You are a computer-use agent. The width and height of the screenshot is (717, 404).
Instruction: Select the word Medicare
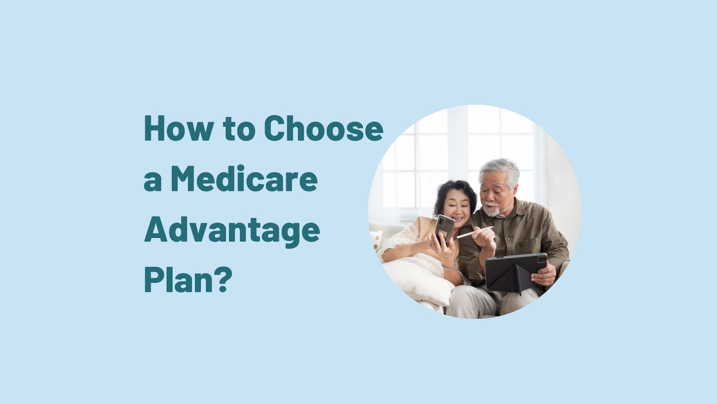(x=244, y=179)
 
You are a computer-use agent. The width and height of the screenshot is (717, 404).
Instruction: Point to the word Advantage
(x=232, y=230)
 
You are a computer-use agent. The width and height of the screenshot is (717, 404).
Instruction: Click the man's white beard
(x=492, y=209)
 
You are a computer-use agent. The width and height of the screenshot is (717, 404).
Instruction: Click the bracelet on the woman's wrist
(x=449, y=266)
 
